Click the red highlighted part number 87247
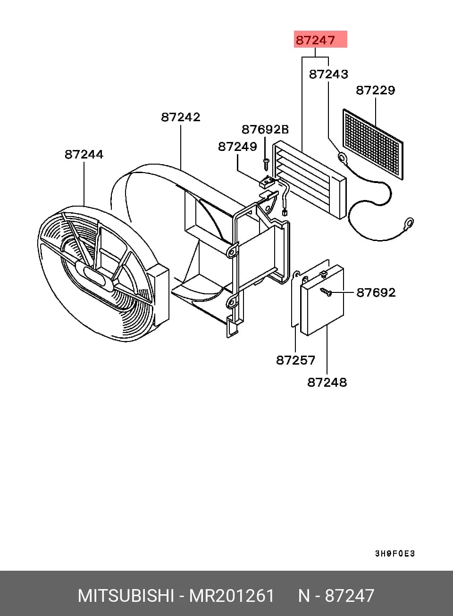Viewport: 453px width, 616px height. click(x=315, y=40)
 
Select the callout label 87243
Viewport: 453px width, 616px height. click(x=328, y=74)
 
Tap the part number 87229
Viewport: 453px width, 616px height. click(x=376, y=90)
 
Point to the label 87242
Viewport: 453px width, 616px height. click(x=181, y=117)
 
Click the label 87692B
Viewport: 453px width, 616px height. click(x=265, y=129)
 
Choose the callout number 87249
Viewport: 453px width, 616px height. click(x=238, y=147)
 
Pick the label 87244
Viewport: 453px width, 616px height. click(x=84, y=154)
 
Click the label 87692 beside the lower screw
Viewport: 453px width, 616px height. click(x=376, y=292)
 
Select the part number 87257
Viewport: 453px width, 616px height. click(x=295, y=360)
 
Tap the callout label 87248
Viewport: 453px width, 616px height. click(x=327, y=382)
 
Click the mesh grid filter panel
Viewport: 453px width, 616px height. click(x=373, y=144)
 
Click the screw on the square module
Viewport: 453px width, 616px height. click(x=326, y=291)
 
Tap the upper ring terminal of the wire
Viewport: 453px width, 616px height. click(x=342, y=157)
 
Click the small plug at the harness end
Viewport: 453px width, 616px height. click(x=285, y=212)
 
